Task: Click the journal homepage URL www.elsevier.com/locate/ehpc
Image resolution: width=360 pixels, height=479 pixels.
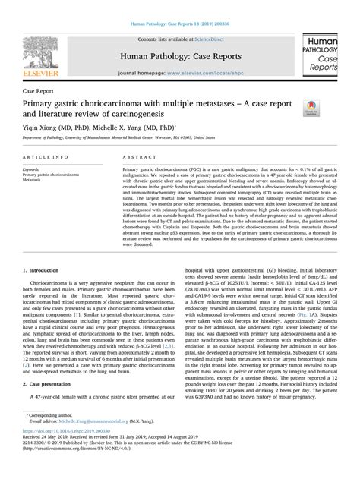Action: pos(199,74)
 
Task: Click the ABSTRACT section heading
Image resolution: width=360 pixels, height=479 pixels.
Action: pos(137,156)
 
